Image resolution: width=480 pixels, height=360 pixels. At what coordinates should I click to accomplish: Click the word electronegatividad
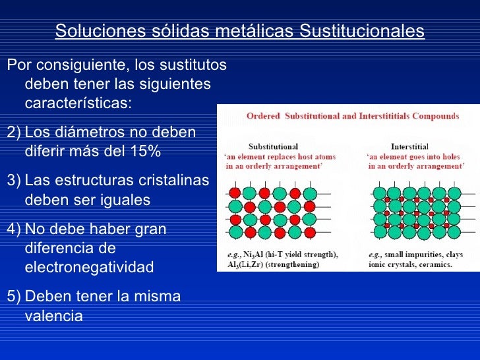88,267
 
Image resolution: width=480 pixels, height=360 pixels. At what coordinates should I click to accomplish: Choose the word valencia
53,316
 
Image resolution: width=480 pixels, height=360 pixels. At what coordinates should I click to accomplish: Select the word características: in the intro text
78,104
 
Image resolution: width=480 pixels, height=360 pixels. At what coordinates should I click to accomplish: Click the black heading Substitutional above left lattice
273,146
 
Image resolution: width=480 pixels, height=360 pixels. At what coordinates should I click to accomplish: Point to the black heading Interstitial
409,146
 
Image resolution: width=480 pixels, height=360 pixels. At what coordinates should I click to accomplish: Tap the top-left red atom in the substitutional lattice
234,193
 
